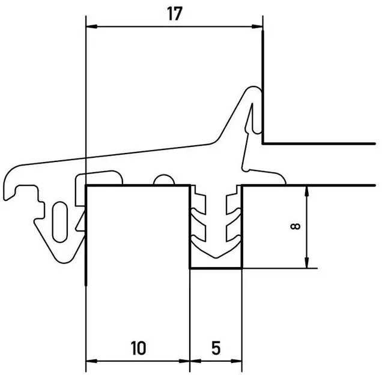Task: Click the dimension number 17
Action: coord(175,14)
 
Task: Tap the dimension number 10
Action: coord(138,348)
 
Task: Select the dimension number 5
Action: coord(216,348)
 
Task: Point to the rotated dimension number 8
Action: coord(296,227)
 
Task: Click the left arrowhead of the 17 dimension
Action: coord(92,26)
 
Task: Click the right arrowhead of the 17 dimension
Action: coord(257,26)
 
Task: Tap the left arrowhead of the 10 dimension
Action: coord(92,361)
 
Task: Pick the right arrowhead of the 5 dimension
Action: coord(236,361)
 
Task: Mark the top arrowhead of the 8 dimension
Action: coord(307,191)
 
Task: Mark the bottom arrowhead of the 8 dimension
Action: coord(307,263)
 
